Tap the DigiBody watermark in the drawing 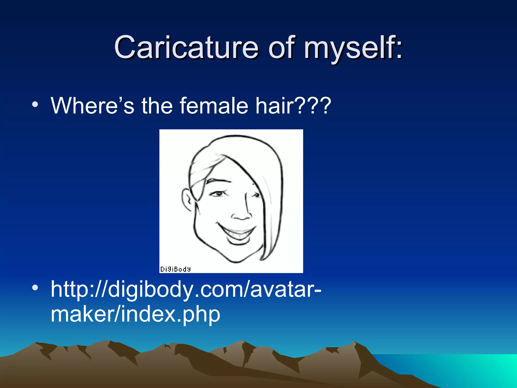pyautogui.click(x=175, y=269)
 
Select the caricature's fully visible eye pyautogui.click(x=218, y=194)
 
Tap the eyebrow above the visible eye pyautogui.click(x=219, y=181)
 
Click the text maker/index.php pyautogui.click(x=135, y=314)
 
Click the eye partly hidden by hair pyautogui.click(x=256, y=195)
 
